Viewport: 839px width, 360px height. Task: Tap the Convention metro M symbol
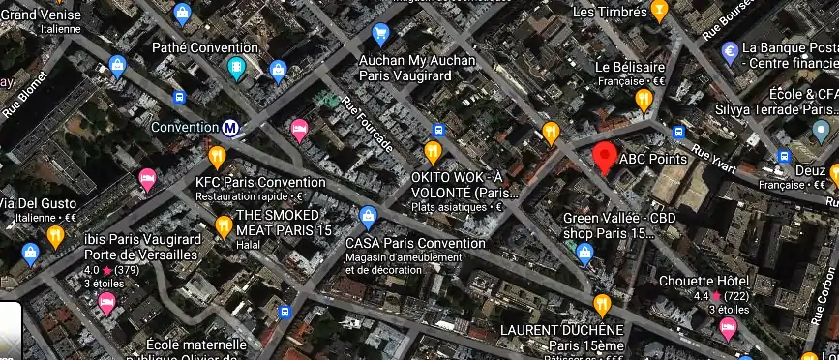[230, 127]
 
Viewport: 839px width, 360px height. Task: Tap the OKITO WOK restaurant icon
[433, 151]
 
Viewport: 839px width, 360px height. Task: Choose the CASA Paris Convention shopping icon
[367, 216]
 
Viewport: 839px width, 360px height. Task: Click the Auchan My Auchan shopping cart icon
[380, 34]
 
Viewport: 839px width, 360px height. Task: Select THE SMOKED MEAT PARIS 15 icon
[224, 226]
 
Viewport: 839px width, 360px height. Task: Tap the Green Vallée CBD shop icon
[584, 254]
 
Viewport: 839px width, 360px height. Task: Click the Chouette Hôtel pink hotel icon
[728, 327]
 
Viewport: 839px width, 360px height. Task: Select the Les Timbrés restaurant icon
[660, 12]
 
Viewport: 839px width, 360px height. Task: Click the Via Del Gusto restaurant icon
[55, 235]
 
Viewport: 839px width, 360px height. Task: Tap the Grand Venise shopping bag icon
[118, 66]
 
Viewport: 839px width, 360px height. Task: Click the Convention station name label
[186, 127]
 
